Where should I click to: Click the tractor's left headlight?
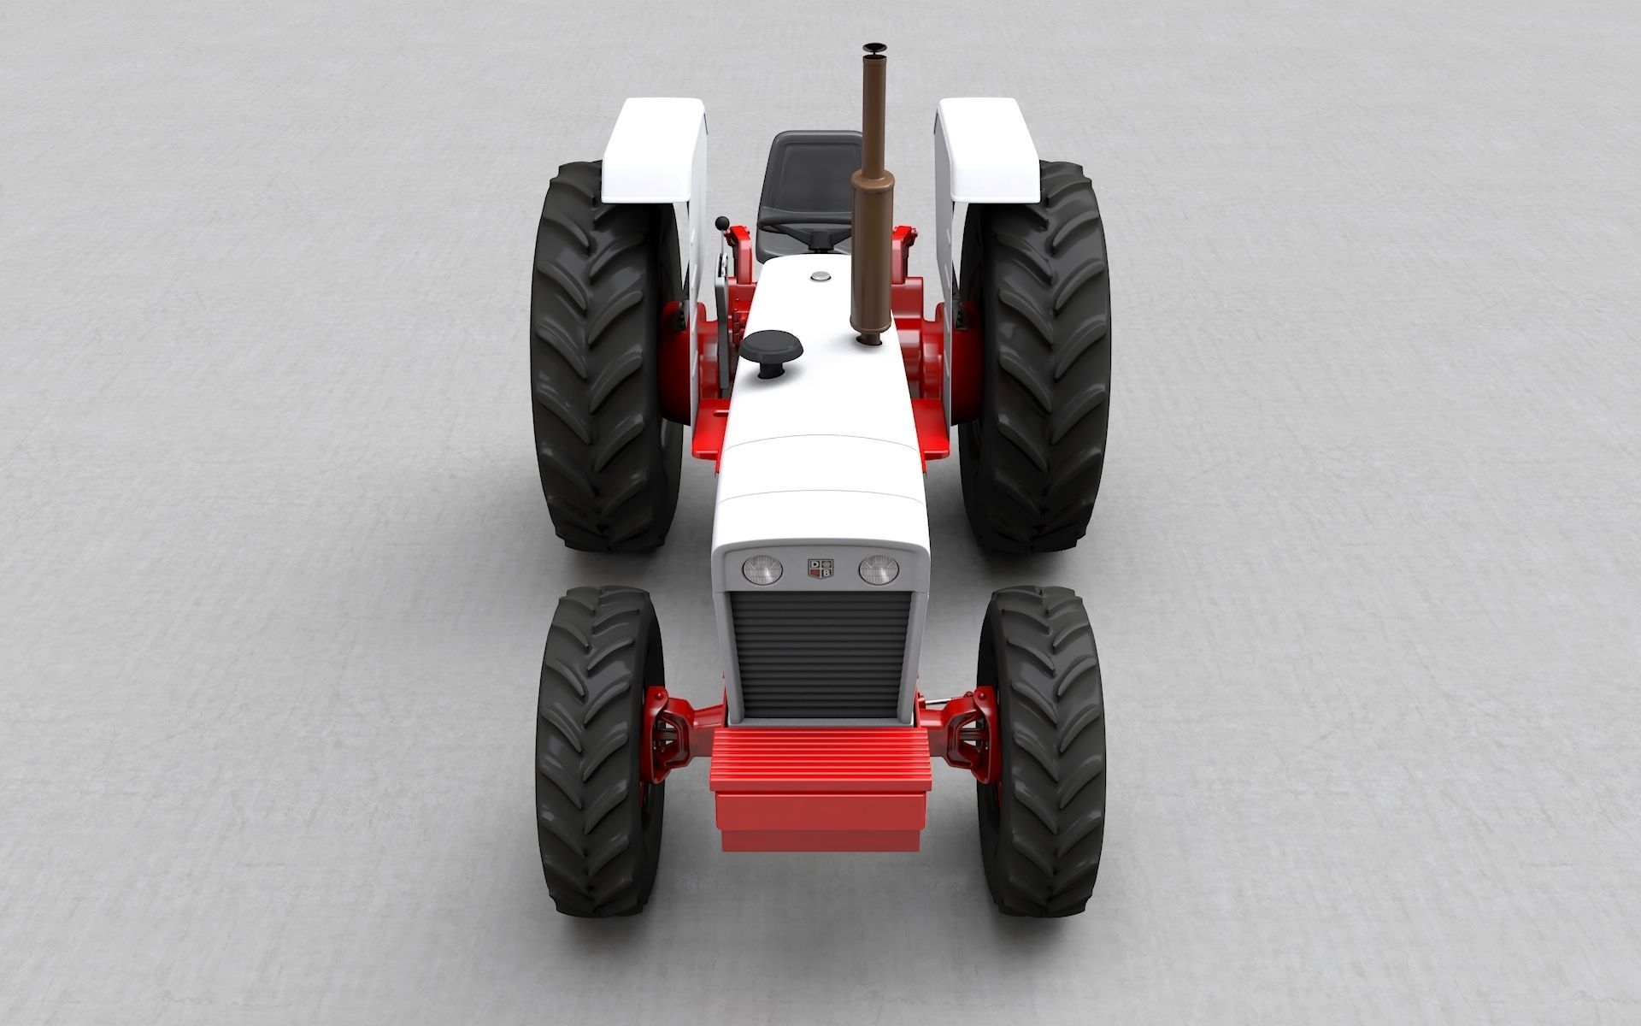(x=762, y=569)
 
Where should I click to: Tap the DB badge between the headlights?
(x=820, y=569)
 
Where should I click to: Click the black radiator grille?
(x=820, y=654)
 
